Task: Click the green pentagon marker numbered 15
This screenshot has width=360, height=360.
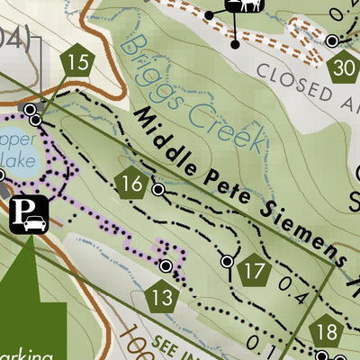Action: pos(79,62)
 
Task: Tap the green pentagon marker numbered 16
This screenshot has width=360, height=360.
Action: pos(131,184)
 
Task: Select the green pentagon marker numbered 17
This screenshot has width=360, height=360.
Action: pos(256,270)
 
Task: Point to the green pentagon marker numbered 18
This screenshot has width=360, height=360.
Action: pos(326,332)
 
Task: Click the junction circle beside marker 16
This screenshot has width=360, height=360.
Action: pos(158,190)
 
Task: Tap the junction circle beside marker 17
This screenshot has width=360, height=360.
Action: pos(228,261)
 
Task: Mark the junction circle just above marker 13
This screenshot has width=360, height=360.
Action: pos(166,266)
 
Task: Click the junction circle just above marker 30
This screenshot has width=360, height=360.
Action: pos(332,40)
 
